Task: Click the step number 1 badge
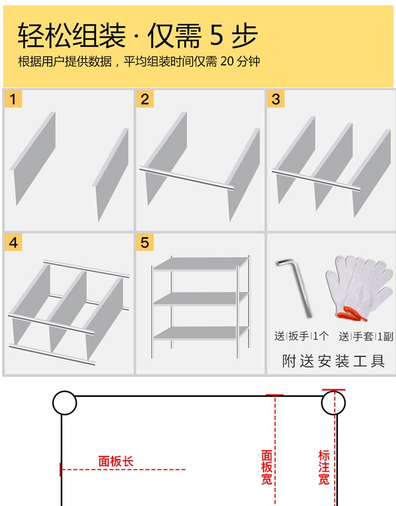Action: [x=14, y=99]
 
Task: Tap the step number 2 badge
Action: [x=145, y=99]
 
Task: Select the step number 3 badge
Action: [x=276, y=99]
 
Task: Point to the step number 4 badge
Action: [x=14, y=242]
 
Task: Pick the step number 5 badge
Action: [x=145, y=242]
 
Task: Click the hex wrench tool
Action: [x=294, y=285]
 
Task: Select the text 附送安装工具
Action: [x=333, y=361]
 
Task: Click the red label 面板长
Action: [x=116, y=462]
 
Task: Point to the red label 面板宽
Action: [x=267, y=467]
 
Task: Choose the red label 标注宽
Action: [x=324, y=467]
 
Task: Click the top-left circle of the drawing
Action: [x=64, y=403]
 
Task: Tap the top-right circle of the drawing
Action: [x=333, y=403]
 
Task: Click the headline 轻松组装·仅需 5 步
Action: [x=138, y=36]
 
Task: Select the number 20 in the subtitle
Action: [x=227, y=62]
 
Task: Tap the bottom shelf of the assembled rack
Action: [x=201, y=333]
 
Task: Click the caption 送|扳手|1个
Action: [x=301, y=335]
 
